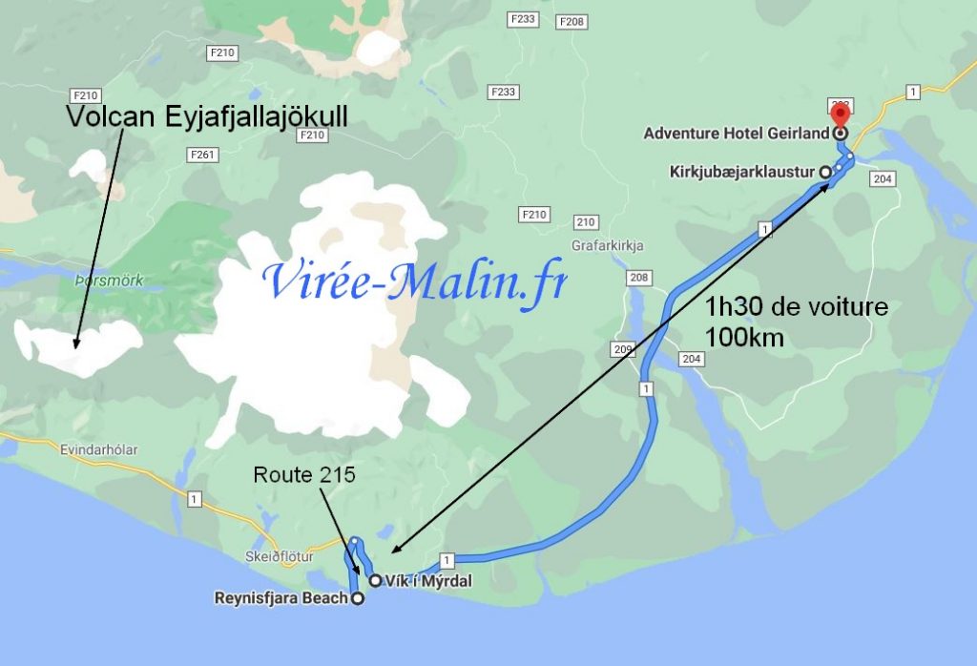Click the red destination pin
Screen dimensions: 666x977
[840, 113]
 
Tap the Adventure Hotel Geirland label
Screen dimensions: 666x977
[736, 134]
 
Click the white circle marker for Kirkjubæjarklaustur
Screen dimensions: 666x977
[824, 172]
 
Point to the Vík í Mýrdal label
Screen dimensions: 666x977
[426, 580]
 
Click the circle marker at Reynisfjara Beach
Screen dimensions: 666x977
[358, 599]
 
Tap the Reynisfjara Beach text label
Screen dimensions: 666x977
[281, 599]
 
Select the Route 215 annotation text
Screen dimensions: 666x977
[303, 474]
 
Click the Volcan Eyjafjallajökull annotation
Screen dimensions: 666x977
[207, 116]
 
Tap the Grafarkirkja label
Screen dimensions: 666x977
[608, 245]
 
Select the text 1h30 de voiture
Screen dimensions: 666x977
[797, 307]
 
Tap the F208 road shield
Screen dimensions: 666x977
[572, 21]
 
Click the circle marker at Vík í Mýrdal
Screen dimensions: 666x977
[376, 580]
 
